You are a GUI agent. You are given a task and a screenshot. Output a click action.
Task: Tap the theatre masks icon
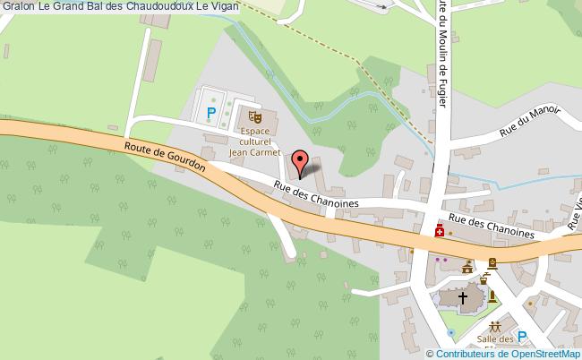254,116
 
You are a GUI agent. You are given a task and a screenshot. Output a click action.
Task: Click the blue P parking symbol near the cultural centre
211,112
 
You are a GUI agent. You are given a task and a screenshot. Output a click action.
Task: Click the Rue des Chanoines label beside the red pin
315,196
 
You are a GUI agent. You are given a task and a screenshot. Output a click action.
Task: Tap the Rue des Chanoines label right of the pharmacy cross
492,225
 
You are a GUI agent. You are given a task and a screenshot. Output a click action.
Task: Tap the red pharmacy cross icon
440,231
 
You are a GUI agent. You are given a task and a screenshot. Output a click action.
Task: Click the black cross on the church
463,296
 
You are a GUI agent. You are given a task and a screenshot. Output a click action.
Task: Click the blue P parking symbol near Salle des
523,338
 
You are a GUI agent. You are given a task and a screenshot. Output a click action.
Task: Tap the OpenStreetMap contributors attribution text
505,353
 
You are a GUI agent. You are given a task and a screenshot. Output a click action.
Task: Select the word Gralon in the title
17,7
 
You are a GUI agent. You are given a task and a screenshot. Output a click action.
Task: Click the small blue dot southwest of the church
451,332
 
